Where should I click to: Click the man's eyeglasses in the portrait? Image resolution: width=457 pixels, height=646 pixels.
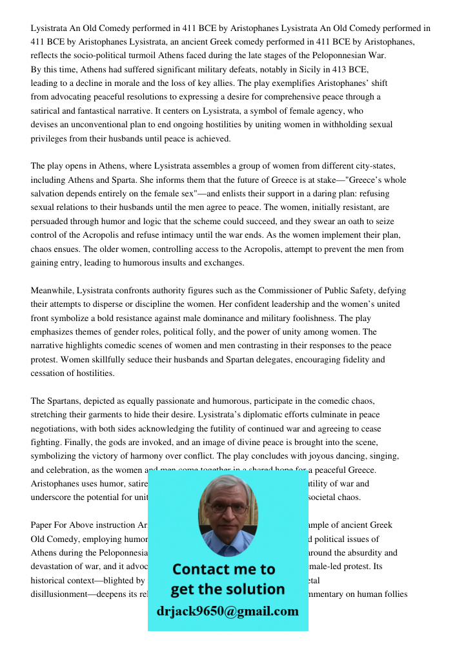pos(228,508)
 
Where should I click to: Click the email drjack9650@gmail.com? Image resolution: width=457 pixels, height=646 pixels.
pos(228,611)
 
